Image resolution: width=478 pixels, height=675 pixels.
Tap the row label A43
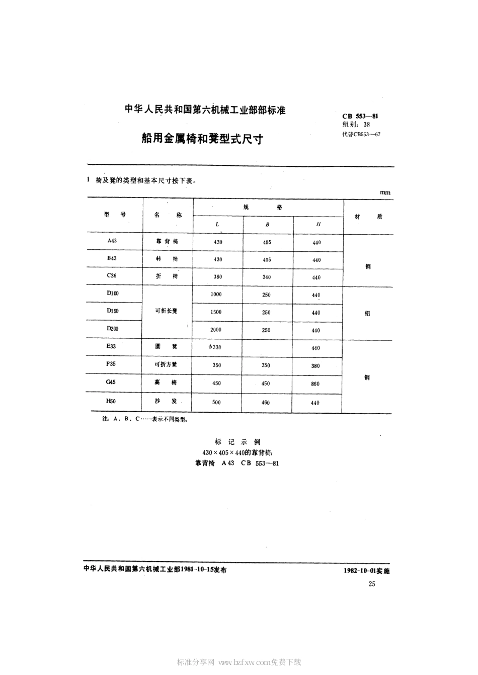[x=112, y=241]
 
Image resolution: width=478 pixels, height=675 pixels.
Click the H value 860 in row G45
[x=315, y=383]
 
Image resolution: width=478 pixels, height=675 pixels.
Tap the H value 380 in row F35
[x=315, y=365]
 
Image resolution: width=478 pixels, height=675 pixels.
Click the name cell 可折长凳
[x=166, y=311]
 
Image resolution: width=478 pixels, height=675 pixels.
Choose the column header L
[x=217, y=224]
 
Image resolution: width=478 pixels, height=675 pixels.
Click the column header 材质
[x=368, y=217]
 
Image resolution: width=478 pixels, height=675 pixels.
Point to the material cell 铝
[x=367, y=313]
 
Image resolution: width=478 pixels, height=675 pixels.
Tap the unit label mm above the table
[x=385, y=192]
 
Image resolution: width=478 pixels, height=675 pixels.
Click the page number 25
[x=372, y=584]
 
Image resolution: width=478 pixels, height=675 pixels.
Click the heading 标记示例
[x=237, y=442]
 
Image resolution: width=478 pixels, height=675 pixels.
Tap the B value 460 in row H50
[x=266, y=402]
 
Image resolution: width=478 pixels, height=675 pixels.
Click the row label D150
[x=113, y=311]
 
